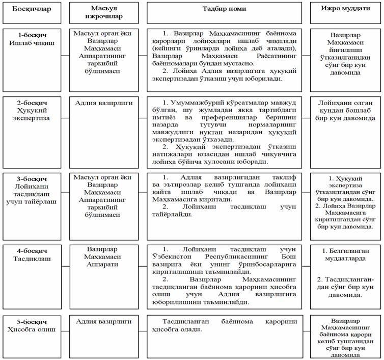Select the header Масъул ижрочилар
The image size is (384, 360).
tap(105, 13)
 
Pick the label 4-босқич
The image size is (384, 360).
tap(31, 250)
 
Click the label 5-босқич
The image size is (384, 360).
tap(31, 321)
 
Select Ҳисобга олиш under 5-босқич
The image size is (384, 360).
tap(31, 329)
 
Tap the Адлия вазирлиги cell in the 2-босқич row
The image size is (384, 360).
tap(105, 102)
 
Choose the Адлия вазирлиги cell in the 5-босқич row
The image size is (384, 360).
tap(105, 321)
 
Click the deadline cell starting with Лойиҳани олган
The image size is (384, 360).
tap(343, 110)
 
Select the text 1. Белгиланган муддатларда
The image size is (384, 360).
tap(343, 255)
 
